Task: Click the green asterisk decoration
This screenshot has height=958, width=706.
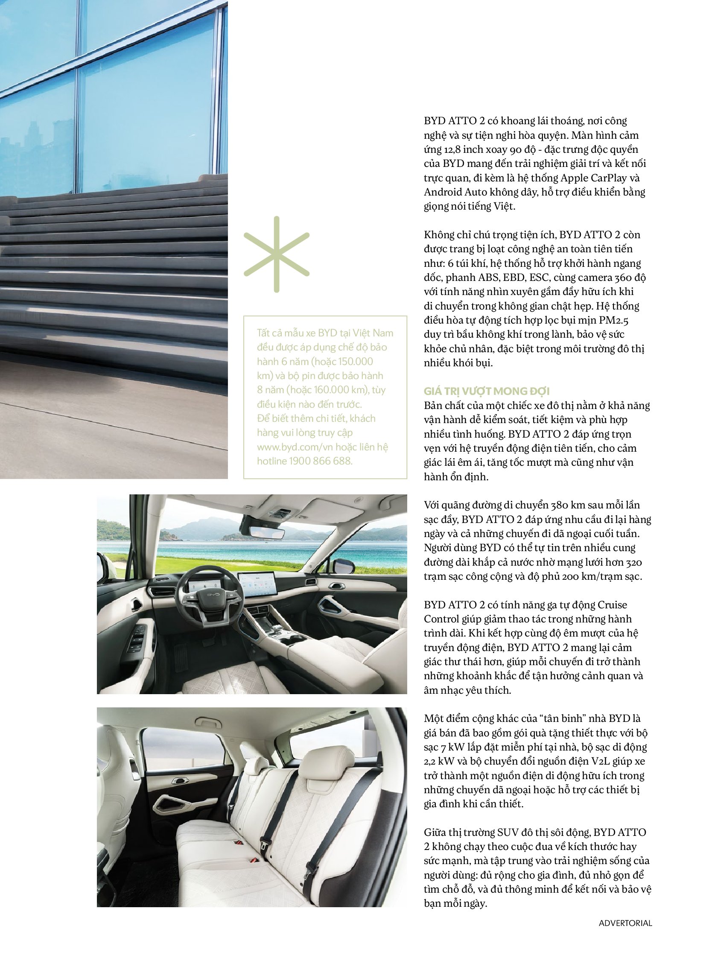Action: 277,254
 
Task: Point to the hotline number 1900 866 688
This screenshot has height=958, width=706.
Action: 321,461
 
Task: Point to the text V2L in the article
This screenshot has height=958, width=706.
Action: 601,761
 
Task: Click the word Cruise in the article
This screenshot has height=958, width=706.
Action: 612,605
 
